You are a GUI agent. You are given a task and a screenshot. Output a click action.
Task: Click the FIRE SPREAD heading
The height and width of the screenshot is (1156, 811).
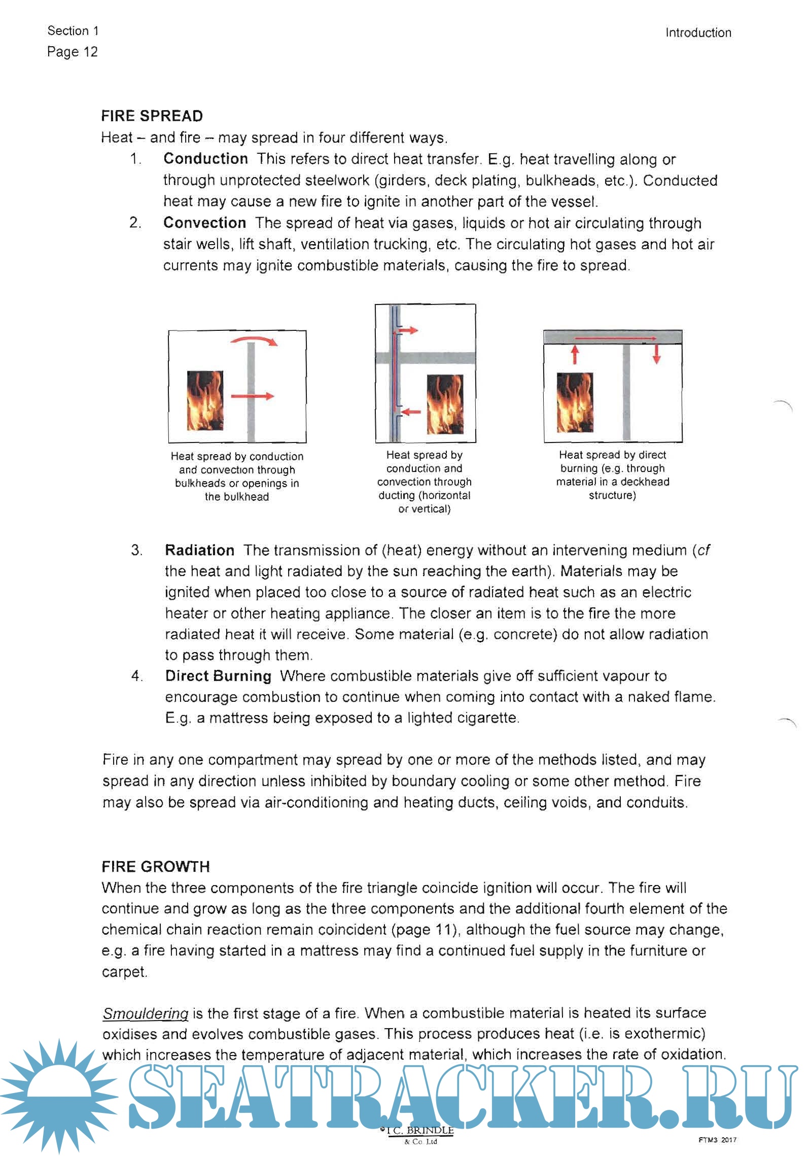[152, 116]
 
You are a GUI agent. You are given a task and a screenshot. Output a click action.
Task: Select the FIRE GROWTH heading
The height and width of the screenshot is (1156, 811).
[155, 867]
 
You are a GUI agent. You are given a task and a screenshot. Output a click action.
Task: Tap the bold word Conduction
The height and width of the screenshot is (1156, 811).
[205, 159]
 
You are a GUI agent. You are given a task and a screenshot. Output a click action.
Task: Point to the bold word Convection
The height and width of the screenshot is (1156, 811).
[204, 223]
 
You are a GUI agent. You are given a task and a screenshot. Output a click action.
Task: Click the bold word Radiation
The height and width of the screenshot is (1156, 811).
[199, 550]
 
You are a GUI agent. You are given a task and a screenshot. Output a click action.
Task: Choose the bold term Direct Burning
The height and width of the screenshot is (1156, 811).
[218, 676]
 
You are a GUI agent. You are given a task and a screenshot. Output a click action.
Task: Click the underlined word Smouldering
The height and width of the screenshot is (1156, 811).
[145, 1013]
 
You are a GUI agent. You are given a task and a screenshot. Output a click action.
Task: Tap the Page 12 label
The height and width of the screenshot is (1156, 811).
[72, 52]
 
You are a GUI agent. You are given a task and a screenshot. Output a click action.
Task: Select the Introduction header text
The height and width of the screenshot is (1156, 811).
[698, 33]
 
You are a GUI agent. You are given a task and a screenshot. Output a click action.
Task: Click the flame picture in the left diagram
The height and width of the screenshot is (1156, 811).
[205, 400]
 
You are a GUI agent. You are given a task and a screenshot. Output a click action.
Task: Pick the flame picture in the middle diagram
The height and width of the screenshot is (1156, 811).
[445, 404]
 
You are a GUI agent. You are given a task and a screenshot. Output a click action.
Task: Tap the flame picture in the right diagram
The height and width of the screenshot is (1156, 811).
[574, 402]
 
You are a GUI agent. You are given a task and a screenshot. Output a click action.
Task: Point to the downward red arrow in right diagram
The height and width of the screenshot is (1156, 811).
[656, 354]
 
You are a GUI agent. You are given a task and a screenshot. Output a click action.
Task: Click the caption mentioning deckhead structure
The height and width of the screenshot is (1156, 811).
[612, 475]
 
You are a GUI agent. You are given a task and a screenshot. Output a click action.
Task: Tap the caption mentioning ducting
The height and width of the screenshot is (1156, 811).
[424, 482]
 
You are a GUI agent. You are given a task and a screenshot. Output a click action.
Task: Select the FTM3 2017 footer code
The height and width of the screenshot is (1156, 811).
[717, 1140]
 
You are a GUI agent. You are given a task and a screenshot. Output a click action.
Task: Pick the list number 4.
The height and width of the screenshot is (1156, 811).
[136, 676]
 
